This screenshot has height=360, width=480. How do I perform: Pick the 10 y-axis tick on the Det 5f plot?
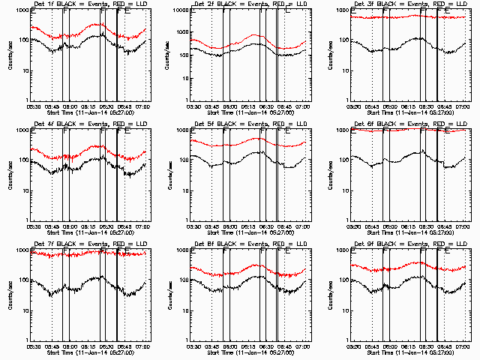(184, 190)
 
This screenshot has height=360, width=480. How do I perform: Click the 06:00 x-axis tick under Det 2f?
(229, 106)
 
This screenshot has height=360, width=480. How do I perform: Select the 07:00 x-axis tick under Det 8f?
(303, 346)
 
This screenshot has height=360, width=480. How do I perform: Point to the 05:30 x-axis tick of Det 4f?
(33, 226)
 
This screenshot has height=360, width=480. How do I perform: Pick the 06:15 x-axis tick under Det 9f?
(407, 346)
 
